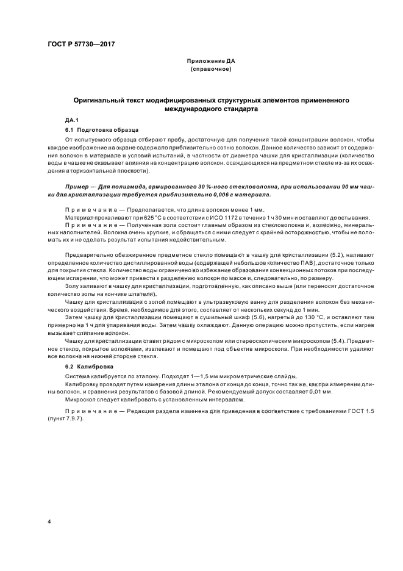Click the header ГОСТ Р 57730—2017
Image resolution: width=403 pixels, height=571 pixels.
81,45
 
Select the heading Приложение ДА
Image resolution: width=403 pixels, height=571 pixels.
210,62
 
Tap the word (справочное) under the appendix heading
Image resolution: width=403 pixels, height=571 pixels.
210,69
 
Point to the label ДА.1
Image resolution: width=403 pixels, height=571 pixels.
72,120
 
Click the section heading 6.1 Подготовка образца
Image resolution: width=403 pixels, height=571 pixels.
102,130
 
